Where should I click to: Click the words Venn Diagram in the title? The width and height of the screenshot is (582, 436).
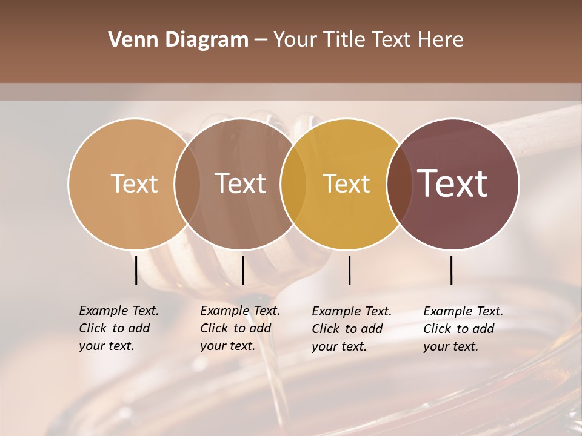pos(178,40)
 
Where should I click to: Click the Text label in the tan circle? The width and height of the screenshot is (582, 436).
pos(134,183)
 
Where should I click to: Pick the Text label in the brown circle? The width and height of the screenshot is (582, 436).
pos(241,183)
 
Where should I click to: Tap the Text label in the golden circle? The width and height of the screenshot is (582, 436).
pos(346,183)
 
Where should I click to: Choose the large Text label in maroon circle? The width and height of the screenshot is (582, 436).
pos(452,183)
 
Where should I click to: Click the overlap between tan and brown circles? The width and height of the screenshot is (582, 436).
pos(187,183)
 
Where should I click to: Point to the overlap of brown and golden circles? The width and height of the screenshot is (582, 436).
pos(293,183)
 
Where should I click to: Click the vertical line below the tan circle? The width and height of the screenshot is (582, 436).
pos(136,270)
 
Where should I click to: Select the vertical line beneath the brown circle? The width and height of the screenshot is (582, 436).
pos(242,270)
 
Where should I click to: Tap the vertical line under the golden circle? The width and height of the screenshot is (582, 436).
pos(349,270)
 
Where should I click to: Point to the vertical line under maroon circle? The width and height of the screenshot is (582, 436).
pos(451,270)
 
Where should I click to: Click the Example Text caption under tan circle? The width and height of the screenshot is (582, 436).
pos(119,328)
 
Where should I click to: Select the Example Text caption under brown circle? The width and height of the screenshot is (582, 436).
pos(240,328)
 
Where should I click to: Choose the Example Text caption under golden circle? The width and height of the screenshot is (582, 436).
pos(352,329)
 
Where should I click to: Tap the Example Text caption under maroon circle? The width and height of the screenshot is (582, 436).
pos(463,329)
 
